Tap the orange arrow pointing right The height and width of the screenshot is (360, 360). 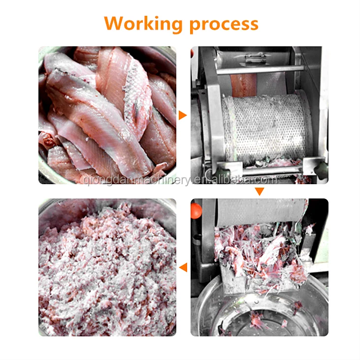tap(183, 115)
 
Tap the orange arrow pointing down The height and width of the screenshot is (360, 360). tap(260, 191)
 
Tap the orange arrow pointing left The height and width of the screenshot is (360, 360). tap(183, 267)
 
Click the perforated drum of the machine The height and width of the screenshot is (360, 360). tap(261, 128)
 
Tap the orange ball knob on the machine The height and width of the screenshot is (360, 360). tap(196, 211)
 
